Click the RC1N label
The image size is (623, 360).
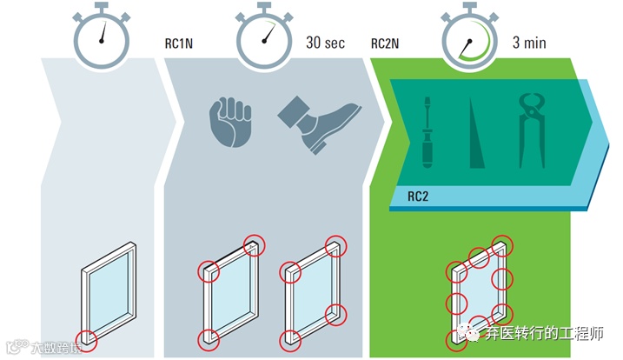(178, 43)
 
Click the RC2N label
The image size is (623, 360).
(385, 43)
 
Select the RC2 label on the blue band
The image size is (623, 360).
(418, 197)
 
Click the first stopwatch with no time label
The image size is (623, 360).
(102, 37)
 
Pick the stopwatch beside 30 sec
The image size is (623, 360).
(264, 37)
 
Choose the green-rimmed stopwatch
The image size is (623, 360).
(470, 37)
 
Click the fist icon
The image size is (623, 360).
(230, 122)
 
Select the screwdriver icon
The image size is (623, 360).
(427, 130)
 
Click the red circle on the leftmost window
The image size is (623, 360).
(85, 340)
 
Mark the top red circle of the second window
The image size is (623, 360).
(253, 243)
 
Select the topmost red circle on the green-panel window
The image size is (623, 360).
(501, 244)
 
